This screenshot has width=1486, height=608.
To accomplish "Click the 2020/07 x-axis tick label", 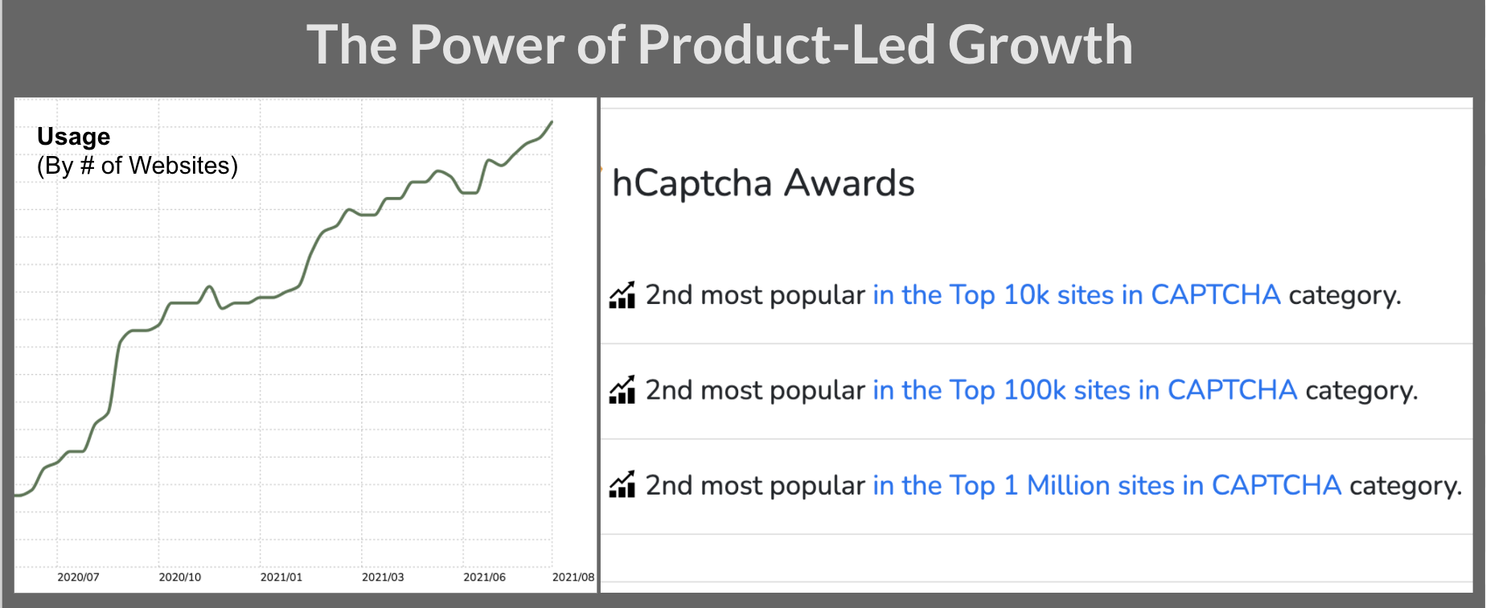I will (x=78, y=577).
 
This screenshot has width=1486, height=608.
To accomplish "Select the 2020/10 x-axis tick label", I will (x=179, y=577).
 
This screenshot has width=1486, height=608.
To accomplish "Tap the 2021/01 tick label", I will (x=281, y=577).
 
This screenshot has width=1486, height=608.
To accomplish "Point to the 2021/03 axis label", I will (x=383, y=577).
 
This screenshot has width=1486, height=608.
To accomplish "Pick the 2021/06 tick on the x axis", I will (x=484, y=577).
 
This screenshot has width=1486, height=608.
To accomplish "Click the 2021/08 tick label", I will (x=573, y=577).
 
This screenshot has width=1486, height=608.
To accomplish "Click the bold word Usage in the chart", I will (x=73, y=137).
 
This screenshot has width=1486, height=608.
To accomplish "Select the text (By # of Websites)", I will (x=137, y=166).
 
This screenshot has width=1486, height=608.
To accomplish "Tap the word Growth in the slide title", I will (x=1040, y=45).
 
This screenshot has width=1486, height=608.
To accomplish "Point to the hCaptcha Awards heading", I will (x=762, y=183).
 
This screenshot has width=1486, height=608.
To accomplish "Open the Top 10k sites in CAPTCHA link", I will (x=1076, y=295).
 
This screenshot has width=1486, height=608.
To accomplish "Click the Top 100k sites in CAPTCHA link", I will (x=1084, y=390).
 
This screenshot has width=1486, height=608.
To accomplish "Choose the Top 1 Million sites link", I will (x=1106, y=486).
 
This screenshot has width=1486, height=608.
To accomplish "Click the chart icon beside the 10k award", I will (x=622, y=295).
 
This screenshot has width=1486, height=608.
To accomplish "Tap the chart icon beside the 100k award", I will (x=622, y=390).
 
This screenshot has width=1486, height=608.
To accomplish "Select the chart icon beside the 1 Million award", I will (x=622, y=485).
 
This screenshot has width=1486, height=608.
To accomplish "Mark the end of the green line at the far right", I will (x=552, y=122).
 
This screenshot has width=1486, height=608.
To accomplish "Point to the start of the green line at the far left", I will (x=17, y=495).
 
